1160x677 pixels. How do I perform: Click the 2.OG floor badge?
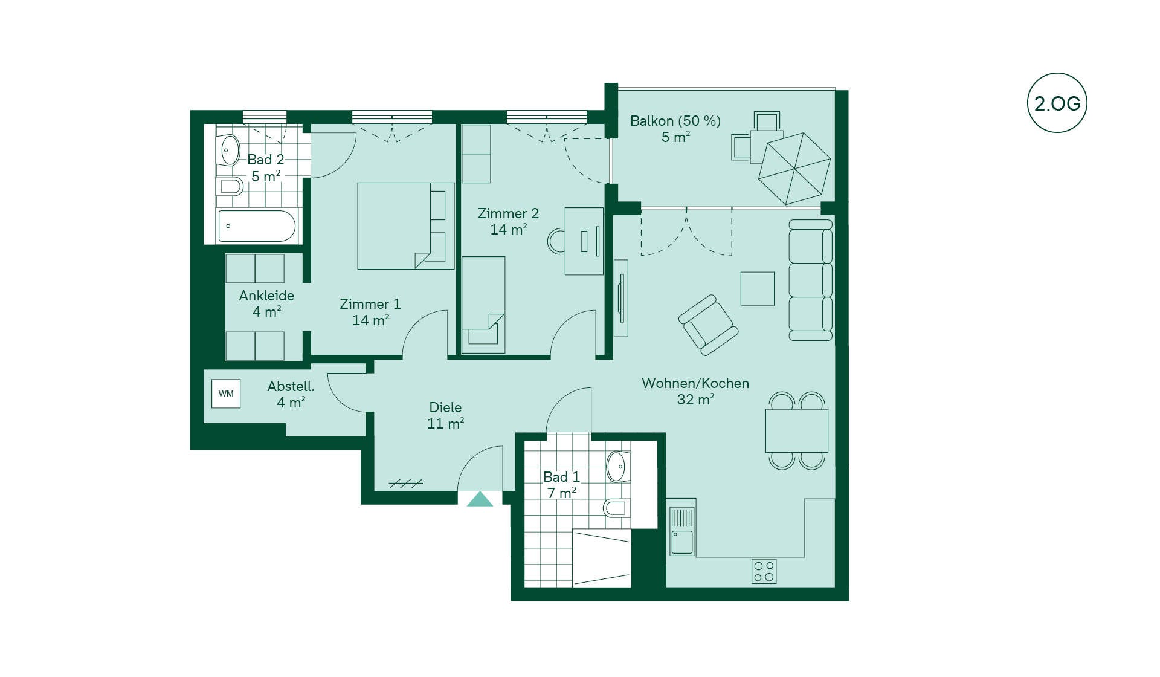pos(1057,103)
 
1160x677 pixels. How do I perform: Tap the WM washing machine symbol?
pos(226,394)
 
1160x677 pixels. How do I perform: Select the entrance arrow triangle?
pos(480,499)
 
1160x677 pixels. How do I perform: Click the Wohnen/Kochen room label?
pos(695,383)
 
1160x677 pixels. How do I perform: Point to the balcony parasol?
pos(794,169)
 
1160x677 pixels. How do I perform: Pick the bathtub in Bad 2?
pos(257,226)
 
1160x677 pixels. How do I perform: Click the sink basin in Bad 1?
pos(616,466)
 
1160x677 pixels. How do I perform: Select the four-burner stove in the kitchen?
pos(764,571)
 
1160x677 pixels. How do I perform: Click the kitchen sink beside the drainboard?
pos(682,542)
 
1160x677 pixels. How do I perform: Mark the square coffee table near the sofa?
pos(758,288)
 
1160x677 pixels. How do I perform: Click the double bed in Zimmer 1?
pos(405,226)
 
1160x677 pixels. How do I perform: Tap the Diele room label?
pos(445,407)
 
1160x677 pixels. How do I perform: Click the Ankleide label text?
pos(266,296)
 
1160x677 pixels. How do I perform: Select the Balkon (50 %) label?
pos(675,121)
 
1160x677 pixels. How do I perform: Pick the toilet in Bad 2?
pos(230,186)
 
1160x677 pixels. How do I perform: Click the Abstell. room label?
pos(291,386)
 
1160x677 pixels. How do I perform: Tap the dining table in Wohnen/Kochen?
pos(797,430)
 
